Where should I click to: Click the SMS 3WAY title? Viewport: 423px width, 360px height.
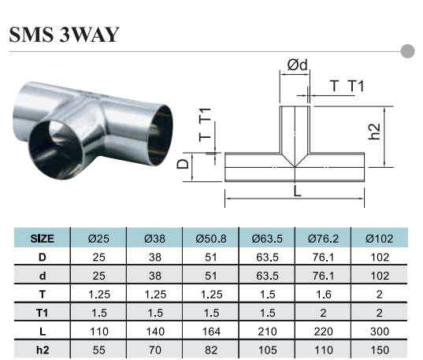pyautogui.click(x=65, y=35)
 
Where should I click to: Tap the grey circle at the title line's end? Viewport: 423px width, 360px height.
pyautogui.click(x=407, y=51)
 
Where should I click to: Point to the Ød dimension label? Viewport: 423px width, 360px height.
pyautogui.click(x=297, y=65)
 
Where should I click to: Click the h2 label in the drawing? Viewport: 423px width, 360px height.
pyautogui.click(x=374, y=132)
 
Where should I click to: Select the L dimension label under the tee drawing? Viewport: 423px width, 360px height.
pyautogui.click(x=297, y=191)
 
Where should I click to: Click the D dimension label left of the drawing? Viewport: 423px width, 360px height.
pyautogui.click(x=183, y=164)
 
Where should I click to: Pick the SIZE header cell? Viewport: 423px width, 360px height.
pyautogui.click(x=42, y=239)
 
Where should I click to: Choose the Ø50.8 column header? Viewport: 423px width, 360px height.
pyautogui.click(x=211, y=239)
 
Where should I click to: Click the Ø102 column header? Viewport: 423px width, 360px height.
pyautogui.click(x=380, y=239)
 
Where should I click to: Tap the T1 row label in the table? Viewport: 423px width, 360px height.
pyautogui.click(x=42, y=313)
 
